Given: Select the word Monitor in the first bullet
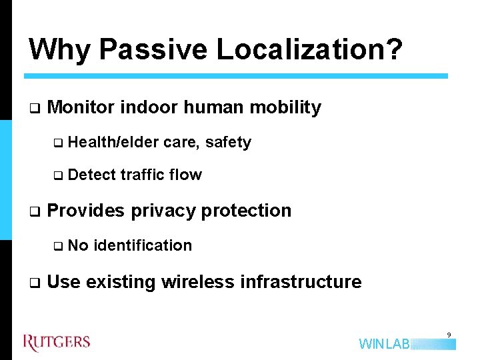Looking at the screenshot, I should (82, 107).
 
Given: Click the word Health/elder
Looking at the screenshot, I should (113, 142).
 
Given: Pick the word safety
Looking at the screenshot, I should (229, 142).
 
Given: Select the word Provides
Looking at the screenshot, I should (86, 211).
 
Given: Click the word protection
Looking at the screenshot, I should (246, 211).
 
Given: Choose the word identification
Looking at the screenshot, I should (143, 245).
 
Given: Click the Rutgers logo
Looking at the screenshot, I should (56, 343).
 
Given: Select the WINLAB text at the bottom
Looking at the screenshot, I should (385, 344).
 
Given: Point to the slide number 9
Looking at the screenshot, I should (449, 335).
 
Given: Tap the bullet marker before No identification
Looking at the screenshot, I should (57, 246).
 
